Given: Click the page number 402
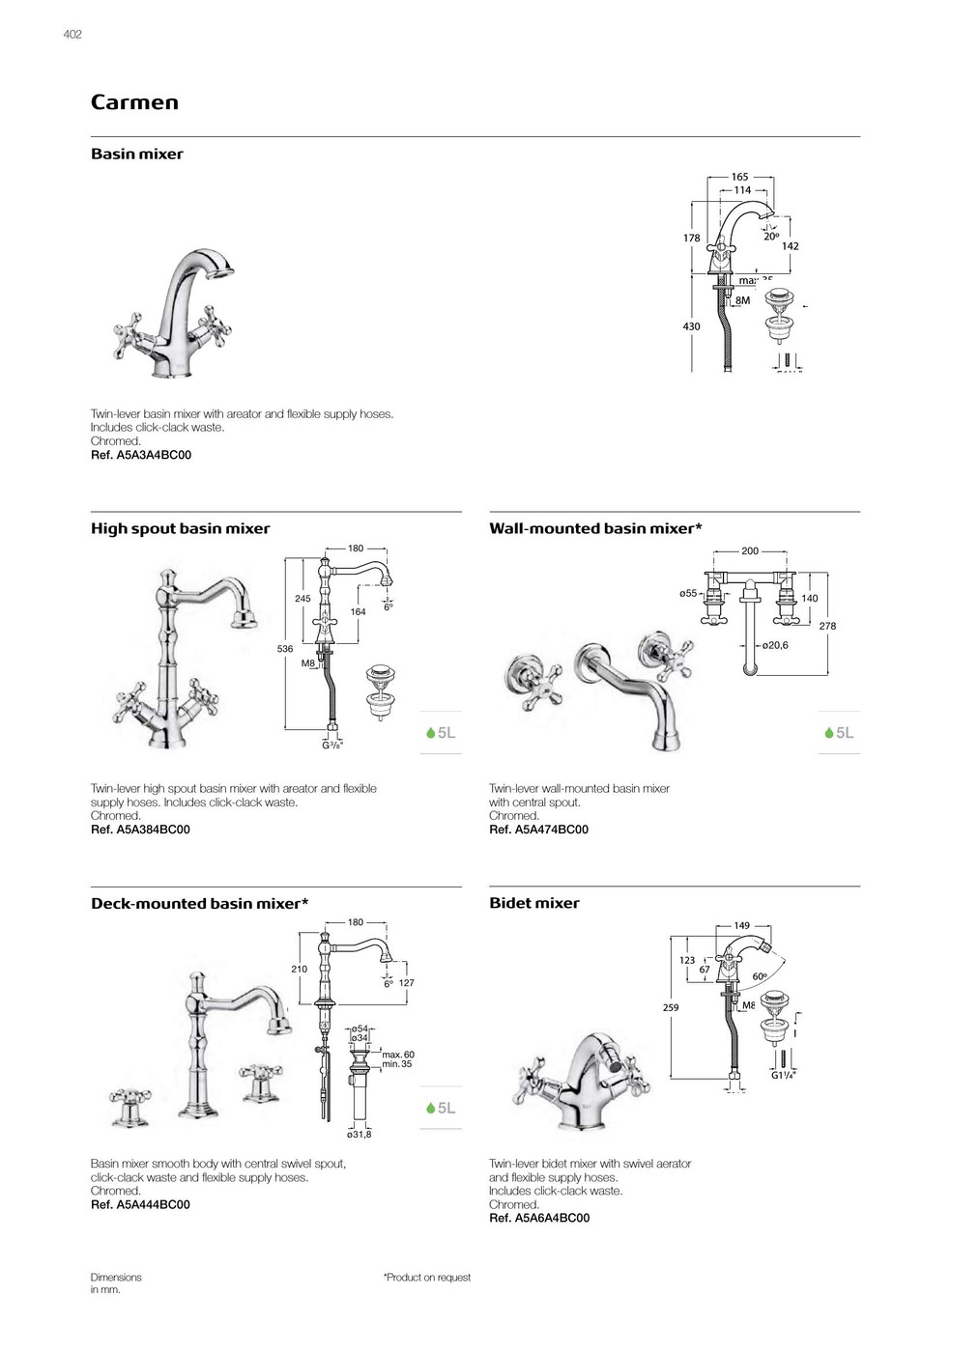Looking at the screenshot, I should (x=72, y=34).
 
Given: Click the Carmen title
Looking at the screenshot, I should (x=134, y=102).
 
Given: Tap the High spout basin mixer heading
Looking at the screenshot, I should (x=180, y=528).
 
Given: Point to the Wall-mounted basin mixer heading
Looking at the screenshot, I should (x=595, y=528).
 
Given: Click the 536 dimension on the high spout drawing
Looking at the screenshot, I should (x=285, y=649).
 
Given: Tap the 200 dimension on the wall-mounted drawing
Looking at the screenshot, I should (x=750, y=550).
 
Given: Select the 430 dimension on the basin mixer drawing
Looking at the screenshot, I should (x=692, y=326).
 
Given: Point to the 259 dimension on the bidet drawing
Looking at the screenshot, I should (x=671, y=1007).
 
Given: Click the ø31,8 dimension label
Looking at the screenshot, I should (x=360, y=1134).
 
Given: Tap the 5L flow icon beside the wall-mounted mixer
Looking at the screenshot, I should (x=839, y=733).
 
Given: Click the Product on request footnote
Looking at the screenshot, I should (x=427, y=1278).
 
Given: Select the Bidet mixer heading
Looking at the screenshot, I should (x=534, y=903).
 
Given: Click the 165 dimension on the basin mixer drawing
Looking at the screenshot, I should (x=739, y=177).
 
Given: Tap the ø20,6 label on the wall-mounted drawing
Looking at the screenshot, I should (x=774, y=645).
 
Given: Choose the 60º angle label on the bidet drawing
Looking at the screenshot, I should (x=760, y=976).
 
